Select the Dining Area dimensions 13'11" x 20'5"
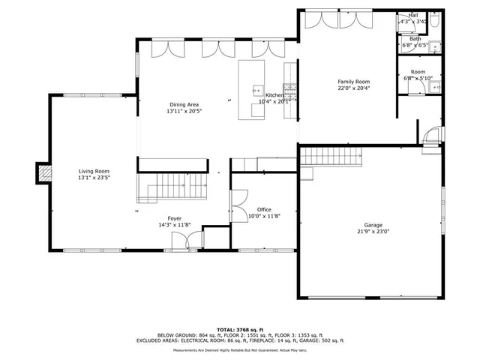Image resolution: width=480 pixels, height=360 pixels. (x=184, y=111)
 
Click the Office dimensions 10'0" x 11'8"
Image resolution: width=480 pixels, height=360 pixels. (x=264, y=217)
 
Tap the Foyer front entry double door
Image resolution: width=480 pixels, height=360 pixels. (x=187, y=240)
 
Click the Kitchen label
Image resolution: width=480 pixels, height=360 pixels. (x=274, y=95)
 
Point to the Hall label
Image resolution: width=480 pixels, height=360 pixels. (x=413, y=15)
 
